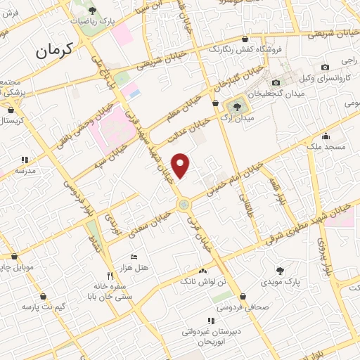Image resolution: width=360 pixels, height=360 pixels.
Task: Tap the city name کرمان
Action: [54, 51]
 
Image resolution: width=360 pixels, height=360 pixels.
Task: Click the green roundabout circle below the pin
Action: [184, 205]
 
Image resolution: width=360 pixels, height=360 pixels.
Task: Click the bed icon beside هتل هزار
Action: [134, 258]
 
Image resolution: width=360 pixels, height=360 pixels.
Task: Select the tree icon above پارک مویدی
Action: [281, 269]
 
